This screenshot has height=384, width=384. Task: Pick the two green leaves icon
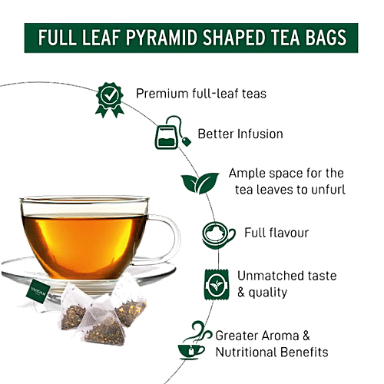(196, 182)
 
